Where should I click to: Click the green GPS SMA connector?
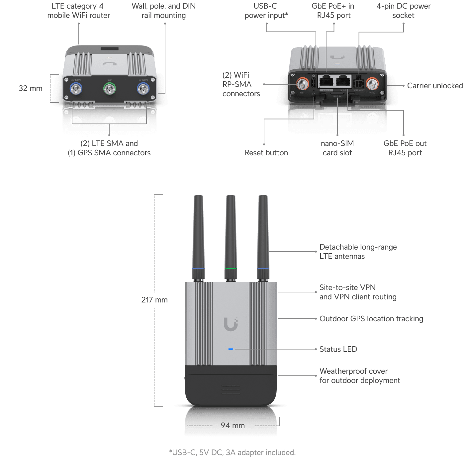(109, 89)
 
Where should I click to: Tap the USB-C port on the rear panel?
(313, 83)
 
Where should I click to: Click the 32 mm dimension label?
(31, 88)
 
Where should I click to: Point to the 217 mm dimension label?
(154, 300)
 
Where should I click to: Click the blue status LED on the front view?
(231, 349)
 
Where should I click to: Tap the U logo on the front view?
(231, 324)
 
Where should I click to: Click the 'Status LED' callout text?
(338, 349)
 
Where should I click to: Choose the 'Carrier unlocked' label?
(435, 86)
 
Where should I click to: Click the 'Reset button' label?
(266, 153)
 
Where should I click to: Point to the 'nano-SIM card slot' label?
(337, 148)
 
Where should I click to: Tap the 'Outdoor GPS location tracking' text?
(371, 319)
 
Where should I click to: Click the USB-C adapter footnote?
(232, 452)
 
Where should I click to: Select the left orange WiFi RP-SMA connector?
(303, 84)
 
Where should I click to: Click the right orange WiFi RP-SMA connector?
(372, 84)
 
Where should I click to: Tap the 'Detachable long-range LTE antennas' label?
(358, 252)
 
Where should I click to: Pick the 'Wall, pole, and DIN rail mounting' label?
(164, 11)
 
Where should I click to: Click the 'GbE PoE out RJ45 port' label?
(405, 148)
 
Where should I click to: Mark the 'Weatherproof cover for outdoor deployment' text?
(360, 376)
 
